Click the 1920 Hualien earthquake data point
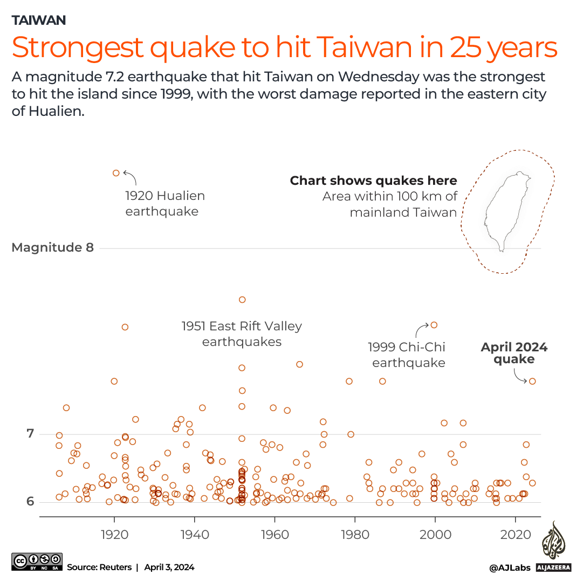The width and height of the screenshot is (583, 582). tap(116, 173)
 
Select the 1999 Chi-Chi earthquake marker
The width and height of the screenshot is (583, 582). tap(434, 325)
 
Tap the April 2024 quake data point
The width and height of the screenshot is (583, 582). tap(532, 381)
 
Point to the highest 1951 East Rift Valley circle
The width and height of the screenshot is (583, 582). tap(242, 300)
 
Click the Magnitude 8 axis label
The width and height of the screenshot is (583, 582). tap(52, 247)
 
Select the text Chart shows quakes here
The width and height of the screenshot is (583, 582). tap(373, 181)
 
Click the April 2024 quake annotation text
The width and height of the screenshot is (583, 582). tap(514, 353)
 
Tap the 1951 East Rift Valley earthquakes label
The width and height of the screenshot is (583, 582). tap(242, 334)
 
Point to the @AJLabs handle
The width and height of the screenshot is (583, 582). tap(510, 567)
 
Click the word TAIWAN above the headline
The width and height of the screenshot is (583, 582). tap(39, 20)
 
